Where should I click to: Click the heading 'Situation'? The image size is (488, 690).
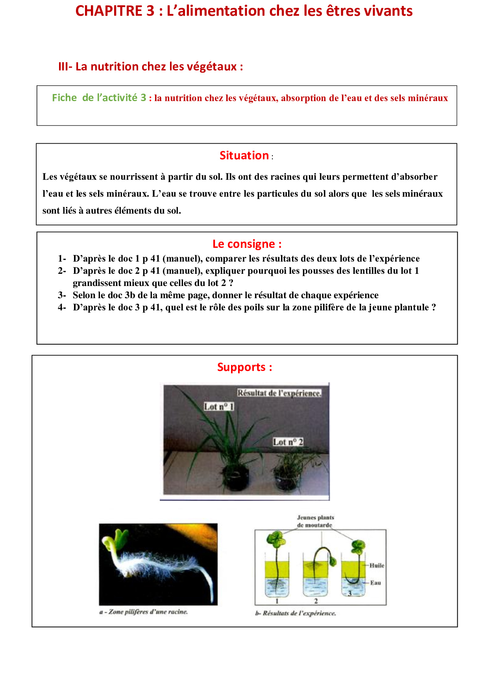tap(244, 156)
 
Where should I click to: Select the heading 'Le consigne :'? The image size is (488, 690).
tap(247, 244)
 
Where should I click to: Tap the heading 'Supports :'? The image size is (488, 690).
tap(244, 367)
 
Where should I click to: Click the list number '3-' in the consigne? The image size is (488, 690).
tap(62, 295)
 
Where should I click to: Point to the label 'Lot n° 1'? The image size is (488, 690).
tap(219, 406)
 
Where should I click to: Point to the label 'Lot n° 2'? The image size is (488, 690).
tap(288, 442)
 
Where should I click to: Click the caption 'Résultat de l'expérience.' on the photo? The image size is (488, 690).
tap(279, 393)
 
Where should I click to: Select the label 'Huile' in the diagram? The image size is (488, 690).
tap(377, 565)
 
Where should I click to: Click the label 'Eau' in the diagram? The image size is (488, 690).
tap(375, 583)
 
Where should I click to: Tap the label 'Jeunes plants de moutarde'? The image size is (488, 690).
tap(315, 521)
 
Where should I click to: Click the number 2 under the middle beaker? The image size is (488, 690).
tap(316, 601)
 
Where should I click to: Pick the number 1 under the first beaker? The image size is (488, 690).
tap(277, 601)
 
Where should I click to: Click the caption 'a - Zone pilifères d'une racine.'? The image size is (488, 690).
tap(144, 612)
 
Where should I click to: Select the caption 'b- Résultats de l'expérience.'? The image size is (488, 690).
tap(296, 613)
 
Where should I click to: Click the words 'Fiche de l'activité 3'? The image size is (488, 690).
tap(99, 98)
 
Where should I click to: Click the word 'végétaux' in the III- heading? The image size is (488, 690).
tap(212, 67)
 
